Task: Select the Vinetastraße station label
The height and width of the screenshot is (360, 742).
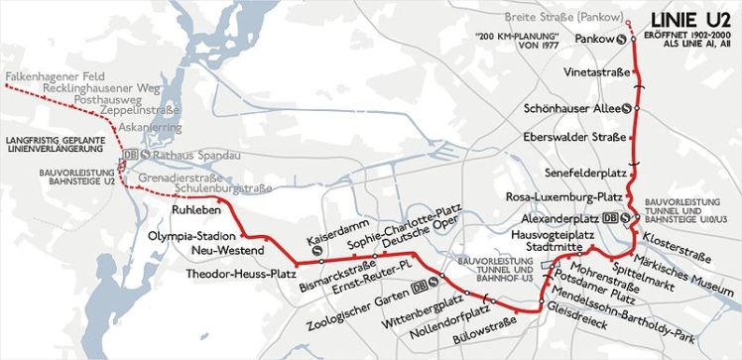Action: [594, 72]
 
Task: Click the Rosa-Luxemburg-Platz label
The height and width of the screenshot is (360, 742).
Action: [563, 195]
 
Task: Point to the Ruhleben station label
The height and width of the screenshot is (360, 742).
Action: [194, 209]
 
